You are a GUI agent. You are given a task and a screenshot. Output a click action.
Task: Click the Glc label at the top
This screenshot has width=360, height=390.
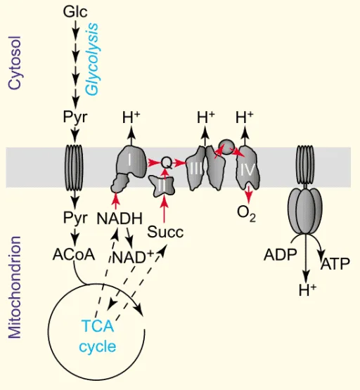click(75, 12)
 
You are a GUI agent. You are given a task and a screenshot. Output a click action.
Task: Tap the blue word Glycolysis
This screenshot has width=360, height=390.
click(92, 59)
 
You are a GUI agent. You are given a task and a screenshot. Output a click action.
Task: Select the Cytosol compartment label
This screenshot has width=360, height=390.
click(15, 63)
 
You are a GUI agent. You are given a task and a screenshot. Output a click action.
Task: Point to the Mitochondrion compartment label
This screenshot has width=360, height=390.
click(15, 287)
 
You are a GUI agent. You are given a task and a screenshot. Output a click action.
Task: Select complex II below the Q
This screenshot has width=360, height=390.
click(162, 186)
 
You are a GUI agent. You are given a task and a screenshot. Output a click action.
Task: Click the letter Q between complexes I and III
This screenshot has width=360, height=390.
click(167, 163)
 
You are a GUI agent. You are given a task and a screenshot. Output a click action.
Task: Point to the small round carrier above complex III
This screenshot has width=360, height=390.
click(226, 146)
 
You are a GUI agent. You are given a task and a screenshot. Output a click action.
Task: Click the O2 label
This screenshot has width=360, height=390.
click(246, 214)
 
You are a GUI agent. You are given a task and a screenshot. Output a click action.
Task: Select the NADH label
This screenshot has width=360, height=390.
click(120, 219)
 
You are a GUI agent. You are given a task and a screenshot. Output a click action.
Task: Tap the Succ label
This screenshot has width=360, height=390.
click(165, 232)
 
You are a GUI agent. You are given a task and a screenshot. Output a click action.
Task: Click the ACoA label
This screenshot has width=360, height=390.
click(74, 254)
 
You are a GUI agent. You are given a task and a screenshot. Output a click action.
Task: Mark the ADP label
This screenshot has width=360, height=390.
click(281, 254)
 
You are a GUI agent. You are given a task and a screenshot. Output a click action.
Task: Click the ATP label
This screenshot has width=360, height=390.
click(335, 264)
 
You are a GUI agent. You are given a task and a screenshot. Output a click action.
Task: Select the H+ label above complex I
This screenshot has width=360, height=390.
click(131, 117)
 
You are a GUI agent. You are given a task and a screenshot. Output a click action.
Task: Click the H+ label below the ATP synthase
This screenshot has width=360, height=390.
click(307, 290)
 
